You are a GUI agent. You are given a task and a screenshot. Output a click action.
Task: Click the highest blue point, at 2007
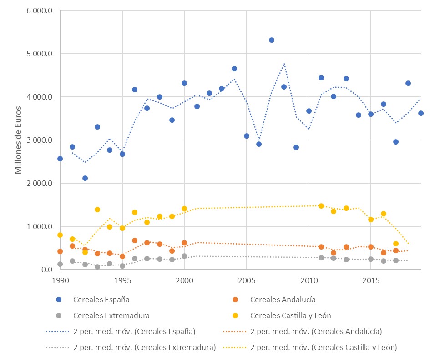coord(272,40)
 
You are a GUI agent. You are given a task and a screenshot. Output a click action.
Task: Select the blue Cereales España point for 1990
coord(60,159)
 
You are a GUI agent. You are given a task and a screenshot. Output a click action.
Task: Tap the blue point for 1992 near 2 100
coord(85,178)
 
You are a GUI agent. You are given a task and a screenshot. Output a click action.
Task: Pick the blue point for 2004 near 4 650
coord(234,69)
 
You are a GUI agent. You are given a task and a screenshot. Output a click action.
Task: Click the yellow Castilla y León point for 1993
coord(97,210)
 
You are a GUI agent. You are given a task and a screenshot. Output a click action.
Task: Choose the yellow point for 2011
coord(321,206)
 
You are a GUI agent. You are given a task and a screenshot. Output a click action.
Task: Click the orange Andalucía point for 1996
coord(135,240)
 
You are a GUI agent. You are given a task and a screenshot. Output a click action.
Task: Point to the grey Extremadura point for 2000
coord(184,256)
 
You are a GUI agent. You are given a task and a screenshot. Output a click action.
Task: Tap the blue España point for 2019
coord(421,113)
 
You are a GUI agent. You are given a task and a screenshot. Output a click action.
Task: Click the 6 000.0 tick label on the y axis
coord(40,10)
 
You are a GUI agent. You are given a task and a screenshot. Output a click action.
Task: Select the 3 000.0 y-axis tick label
coord(40,140)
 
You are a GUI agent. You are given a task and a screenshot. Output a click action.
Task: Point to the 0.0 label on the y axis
coord(46,270)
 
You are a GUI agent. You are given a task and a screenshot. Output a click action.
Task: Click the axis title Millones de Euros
coord(19,140)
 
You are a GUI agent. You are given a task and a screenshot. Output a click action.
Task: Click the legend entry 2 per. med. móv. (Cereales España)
coord(134,331)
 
